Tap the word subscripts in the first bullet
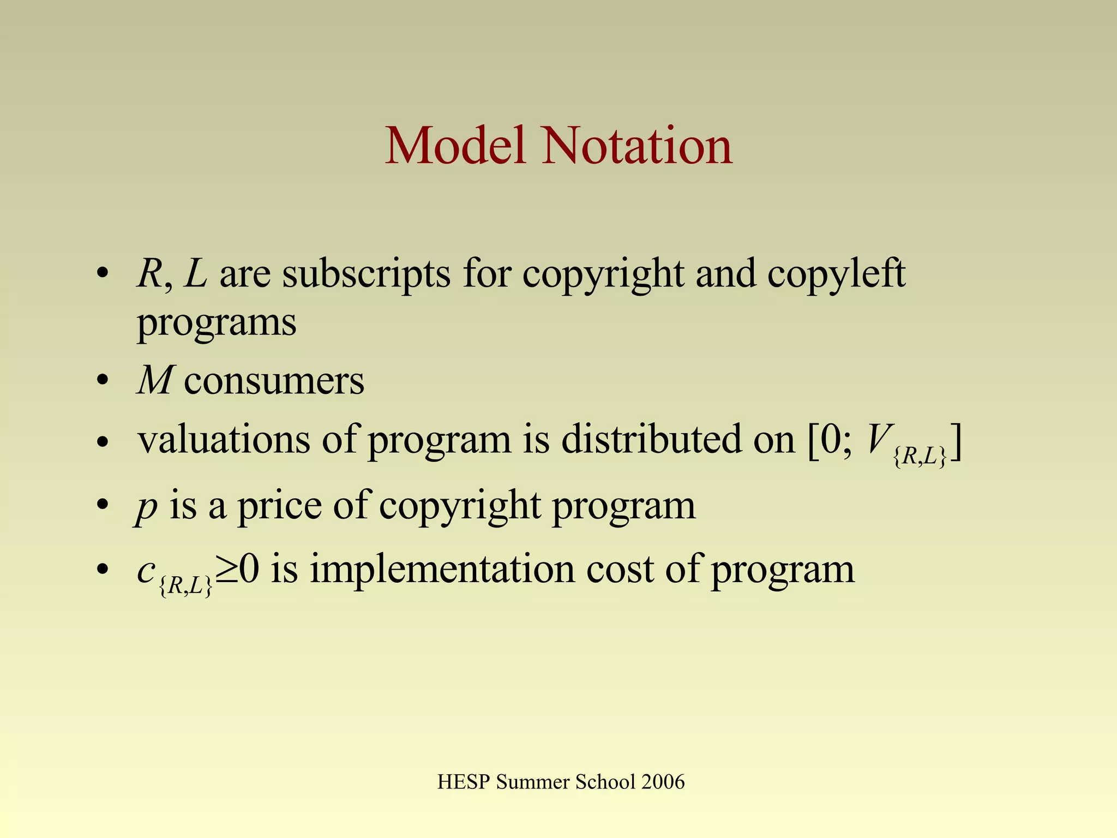[366, 274]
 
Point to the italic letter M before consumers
[155, 380]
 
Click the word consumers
[274, 381]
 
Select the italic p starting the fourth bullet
[146, 507]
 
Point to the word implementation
[442, 570]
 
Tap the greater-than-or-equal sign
[225, 571]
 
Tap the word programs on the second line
[217, 324]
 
